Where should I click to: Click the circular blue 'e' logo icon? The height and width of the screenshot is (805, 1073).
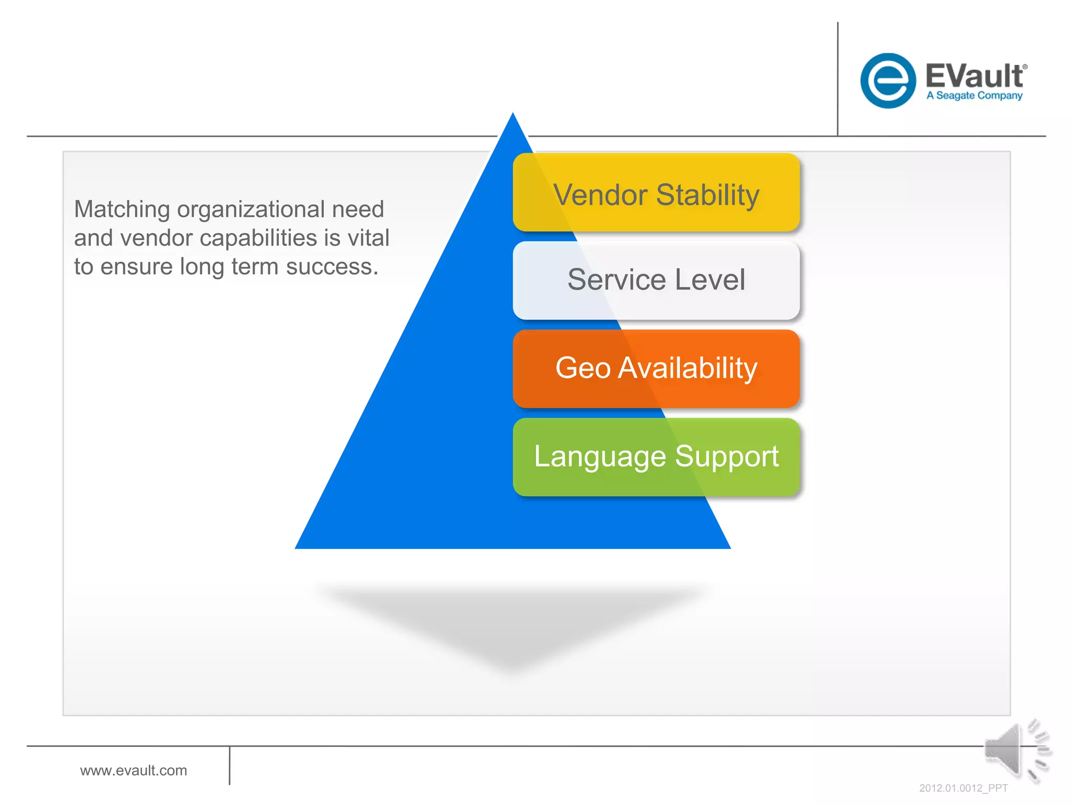(x=888, y=81)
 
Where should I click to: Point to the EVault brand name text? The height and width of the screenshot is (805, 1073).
(x=975, y=76)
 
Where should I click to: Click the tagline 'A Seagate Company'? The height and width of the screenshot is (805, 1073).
(x=975, y=95)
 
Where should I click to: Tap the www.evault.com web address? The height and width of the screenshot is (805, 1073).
(x=134, y=770)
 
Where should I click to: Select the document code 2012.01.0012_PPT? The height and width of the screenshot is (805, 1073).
(x=963, y=788)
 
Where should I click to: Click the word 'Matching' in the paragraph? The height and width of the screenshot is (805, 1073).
(x=122, y=210)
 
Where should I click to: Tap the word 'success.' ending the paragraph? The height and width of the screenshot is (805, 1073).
(x=332, y=267)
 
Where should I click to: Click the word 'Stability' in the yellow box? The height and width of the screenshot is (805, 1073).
(x=707, y=195)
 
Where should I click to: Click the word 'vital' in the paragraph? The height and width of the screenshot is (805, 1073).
(x=369, y=238)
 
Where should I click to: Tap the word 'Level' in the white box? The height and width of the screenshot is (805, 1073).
(x=710, y=279)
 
